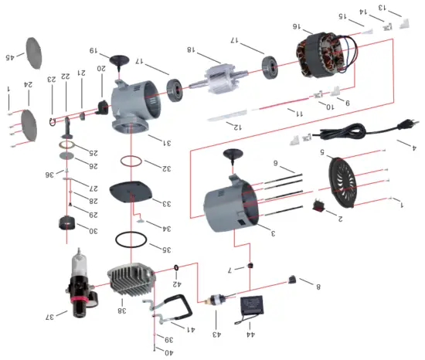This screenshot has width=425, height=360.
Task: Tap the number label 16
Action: pos(297,26)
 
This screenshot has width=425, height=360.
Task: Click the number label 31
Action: pos(167,141)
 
